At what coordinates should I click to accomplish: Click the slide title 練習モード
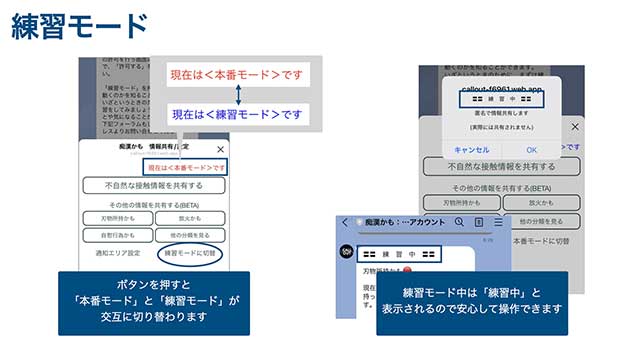pos(80,26)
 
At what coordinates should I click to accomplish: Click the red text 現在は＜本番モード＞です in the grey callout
pos(237,74)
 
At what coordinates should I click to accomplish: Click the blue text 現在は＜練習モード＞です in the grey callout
pos(237,115)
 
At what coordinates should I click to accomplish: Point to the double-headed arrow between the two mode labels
pos(238,95)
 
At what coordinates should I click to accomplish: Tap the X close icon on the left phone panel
pos(221,149)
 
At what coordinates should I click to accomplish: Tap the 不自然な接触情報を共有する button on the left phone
pos(154,186)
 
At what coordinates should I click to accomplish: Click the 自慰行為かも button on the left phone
pos(117,235)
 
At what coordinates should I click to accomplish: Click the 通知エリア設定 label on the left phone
pos(113,253)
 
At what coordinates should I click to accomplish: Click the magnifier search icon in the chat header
pos(459,222)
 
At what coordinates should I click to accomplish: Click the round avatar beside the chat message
pos(346,252)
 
